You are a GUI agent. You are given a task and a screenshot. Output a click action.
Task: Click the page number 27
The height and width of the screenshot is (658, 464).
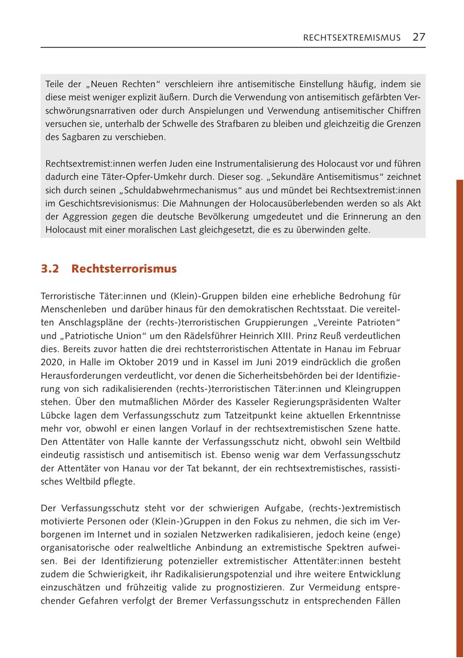coord(419,37)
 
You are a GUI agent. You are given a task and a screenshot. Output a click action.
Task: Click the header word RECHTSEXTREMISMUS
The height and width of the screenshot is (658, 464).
coord(352,38)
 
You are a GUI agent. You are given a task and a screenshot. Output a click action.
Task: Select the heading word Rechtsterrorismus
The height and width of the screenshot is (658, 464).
coord(124,269)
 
